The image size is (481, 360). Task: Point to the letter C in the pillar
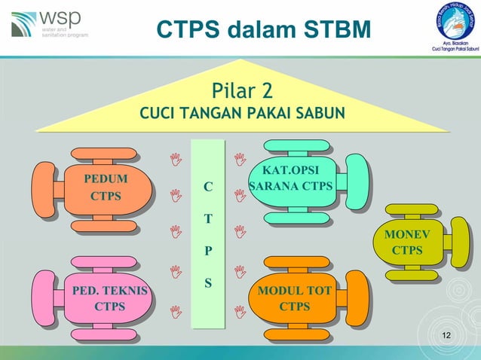point(208,186)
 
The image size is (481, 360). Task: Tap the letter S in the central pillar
point(208,284)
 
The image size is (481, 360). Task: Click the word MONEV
point(407,234)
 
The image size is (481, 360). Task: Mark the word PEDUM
point(106,179)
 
